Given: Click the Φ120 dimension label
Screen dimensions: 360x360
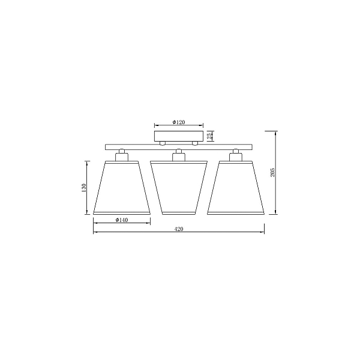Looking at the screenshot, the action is (x=179, y=122).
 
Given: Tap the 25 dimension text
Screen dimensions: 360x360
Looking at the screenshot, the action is (x=209, y=136).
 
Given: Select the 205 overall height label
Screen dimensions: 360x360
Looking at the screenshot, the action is (x=272, y=172).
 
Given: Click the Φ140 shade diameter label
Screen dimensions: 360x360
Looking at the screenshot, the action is (x=122, y=220).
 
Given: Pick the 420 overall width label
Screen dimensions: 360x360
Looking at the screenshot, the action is (x=179, y=229).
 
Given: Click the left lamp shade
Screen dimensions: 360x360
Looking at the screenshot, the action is (x=122, y=188).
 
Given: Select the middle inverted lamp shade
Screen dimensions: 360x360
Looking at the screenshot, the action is (x=179, y=188).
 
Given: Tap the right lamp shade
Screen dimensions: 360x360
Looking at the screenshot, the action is (x=236, y=188).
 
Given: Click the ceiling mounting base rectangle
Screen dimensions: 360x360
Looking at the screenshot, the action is (x=179, y=136).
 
